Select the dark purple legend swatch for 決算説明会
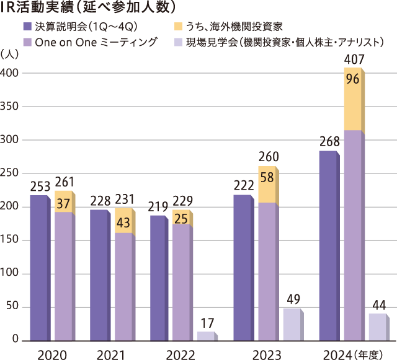tap(27, 26)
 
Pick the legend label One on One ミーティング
tap(96, 42)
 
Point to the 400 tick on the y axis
tap(11, 73)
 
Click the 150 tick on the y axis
tap(11, 240)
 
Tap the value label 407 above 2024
tap(354, 60)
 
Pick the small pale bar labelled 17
tap(205, 336)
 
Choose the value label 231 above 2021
tap(123, 200)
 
